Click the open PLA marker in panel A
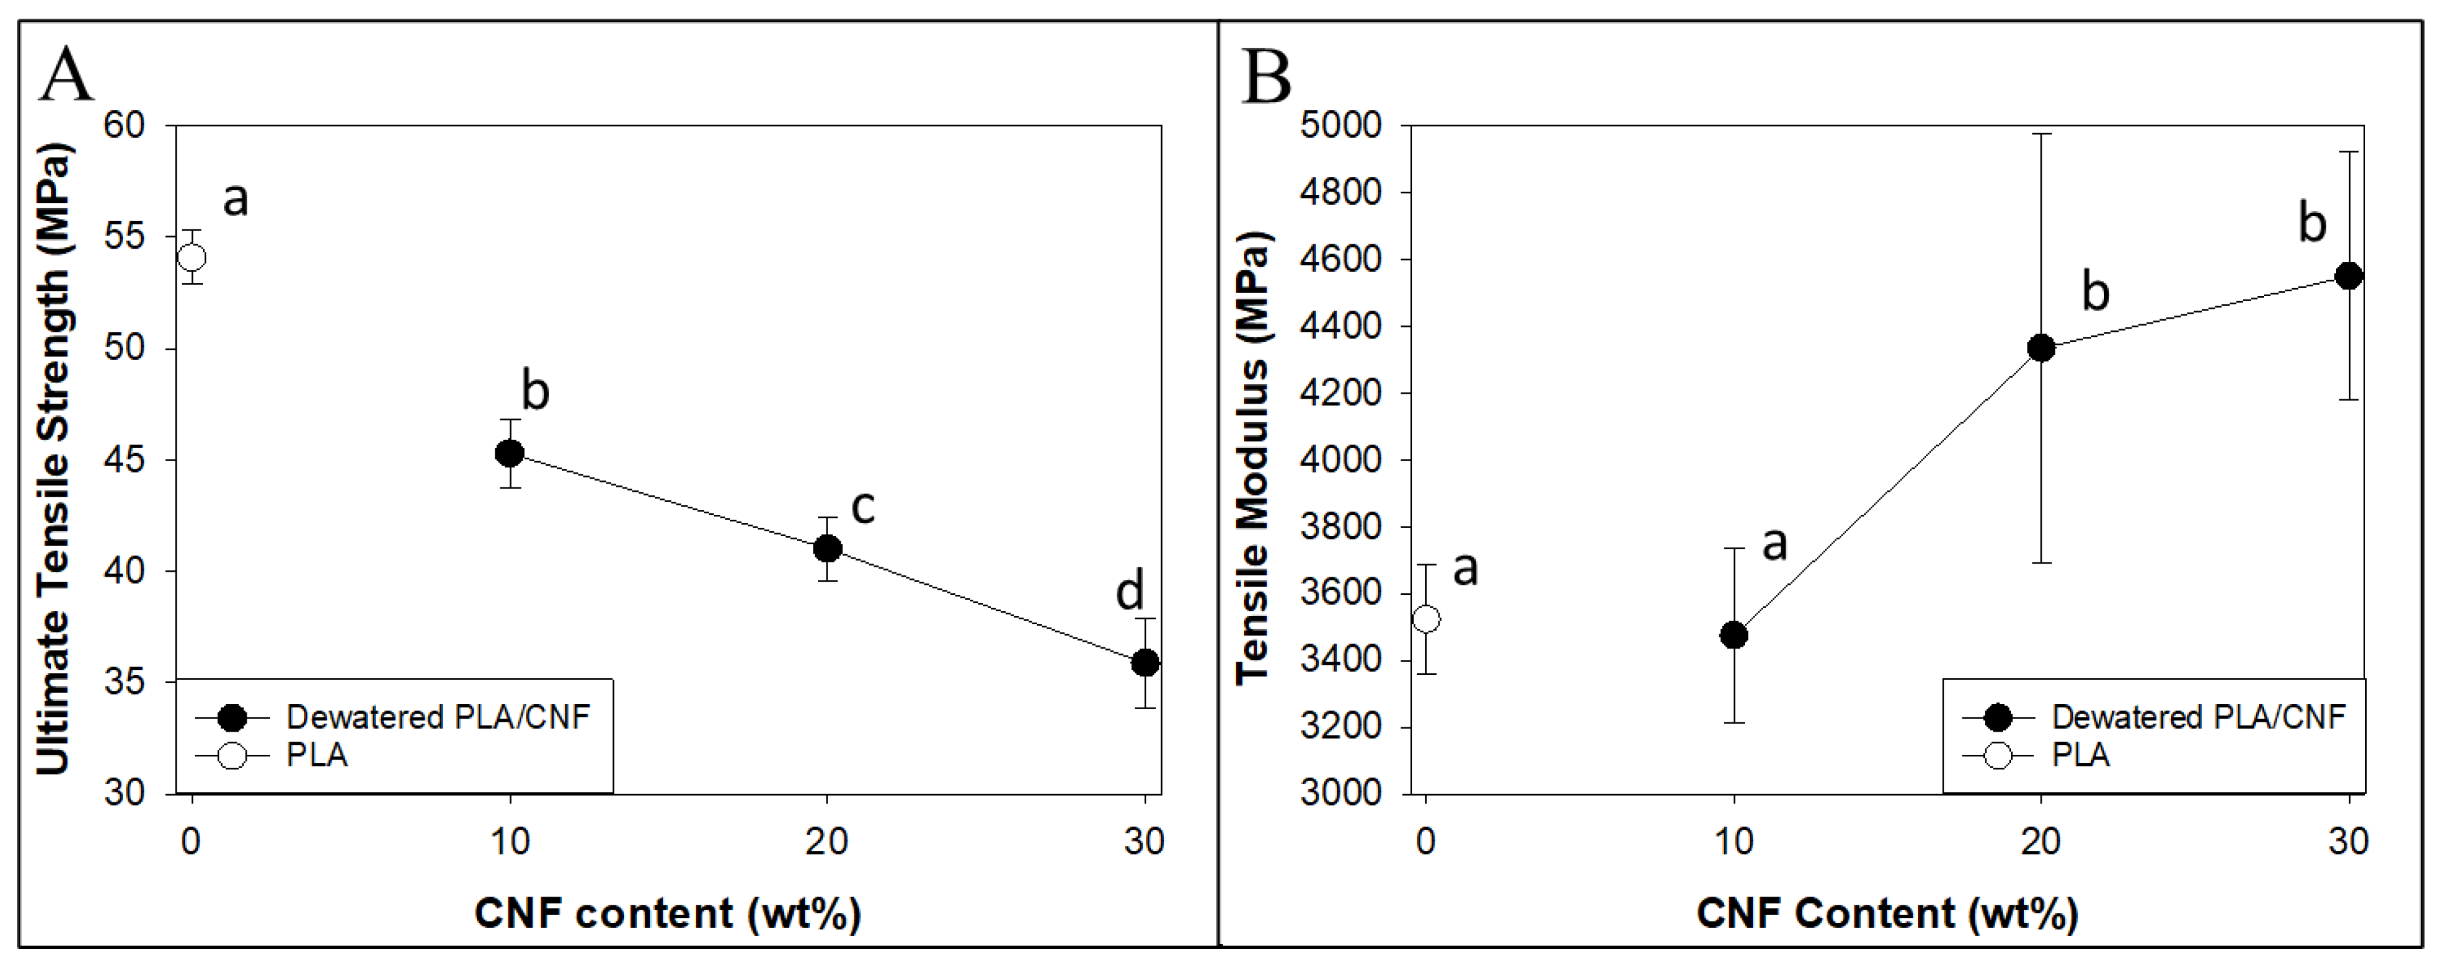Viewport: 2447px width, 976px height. click(192, 257)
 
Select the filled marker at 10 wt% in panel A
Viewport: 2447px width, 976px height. click(510, 453)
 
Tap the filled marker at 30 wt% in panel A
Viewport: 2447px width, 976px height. click(1145, 662)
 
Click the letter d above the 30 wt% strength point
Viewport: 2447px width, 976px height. click(1129, 593)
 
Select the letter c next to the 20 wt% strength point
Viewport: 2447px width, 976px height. click(863, 507)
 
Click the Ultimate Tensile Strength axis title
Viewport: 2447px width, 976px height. click(54, 459)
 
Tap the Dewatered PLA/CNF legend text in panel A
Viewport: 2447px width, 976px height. click(438, 717)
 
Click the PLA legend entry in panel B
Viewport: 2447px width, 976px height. click(2080, 755)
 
